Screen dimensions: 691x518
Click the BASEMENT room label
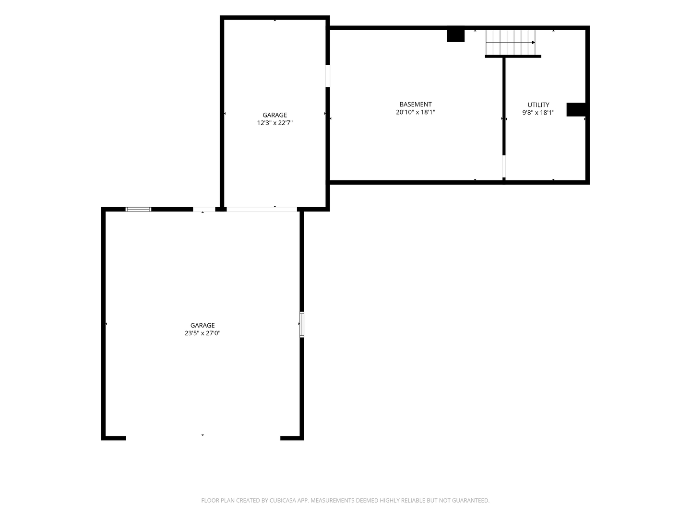click(x=415, y=105)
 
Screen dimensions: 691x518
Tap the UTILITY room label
click(x=538, y=105)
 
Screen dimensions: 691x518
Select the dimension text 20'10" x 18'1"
click(x=415, y=112)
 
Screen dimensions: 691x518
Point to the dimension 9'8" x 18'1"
click(x=538, y=113)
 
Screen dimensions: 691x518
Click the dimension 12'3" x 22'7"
click(x=274, y=123)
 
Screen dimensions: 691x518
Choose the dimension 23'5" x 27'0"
click(x=203, y=333)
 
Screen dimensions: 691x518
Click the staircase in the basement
click(x=510, y=42)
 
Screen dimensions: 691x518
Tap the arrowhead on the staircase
click(x=533, y=43)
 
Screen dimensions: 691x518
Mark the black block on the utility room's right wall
click(x=576, y=109)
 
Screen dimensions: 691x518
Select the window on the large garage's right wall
click(x=301, y=324)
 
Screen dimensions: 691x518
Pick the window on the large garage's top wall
click(x=138, y=209)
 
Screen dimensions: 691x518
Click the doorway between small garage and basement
click(x=327, y=76)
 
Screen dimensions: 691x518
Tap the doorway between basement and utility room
click(x=504, y=166)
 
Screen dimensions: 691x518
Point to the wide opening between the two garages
click(x=262, y=209)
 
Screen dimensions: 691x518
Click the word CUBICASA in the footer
click(x=281, y=500)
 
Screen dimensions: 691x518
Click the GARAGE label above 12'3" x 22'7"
click(x=274, y=115)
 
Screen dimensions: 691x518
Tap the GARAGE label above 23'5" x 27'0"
click(x=203, y=326)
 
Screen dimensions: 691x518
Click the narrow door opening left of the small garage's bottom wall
click(x=204, y=209)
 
